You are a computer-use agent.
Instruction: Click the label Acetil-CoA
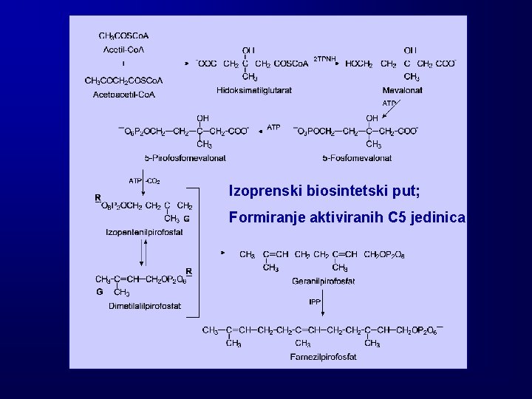123,50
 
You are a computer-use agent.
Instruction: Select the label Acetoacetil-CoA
124,95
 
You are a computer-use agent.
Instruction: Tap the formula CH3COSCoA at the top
124,35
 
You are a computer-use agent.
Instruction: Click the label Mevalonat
402,90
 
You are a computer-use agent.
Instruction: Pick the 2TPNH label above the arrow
325,58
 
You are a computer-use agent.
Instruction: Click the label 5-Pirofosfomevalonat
185,157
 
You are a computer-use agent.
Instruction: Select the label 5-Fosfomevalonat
357,157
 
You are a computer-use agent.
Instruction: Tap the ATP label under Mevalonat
389,103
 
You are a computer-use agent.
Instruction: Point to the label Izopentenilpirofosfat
144,232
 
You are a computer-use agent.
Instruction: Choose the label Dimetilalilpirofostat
145,306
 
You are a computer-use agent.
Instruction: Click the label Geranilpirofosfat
324,281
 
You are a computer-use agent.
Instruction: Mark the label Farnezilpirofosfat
323,357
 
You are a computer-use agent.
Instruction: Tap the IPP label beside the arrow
316,301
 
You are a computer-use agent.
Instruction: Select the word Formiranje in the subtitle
265,218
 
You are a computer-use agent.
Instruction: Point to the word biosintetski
341,191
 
